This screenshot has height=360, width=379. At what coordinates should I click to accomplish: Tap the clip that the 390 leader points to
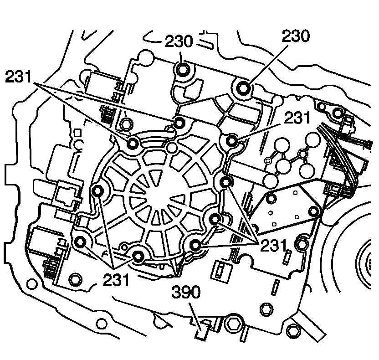tap(201, 329)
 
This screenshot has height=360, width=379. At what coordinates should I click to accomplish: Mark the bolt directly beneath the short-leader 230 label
tap(183, 69)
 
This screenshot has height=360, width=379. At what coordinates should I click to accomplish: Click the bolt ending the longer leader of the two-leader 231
tap(179, 123)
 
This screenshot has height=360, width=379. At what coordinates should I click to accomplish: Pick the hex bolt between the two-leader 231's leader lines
tap(127, 122)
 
